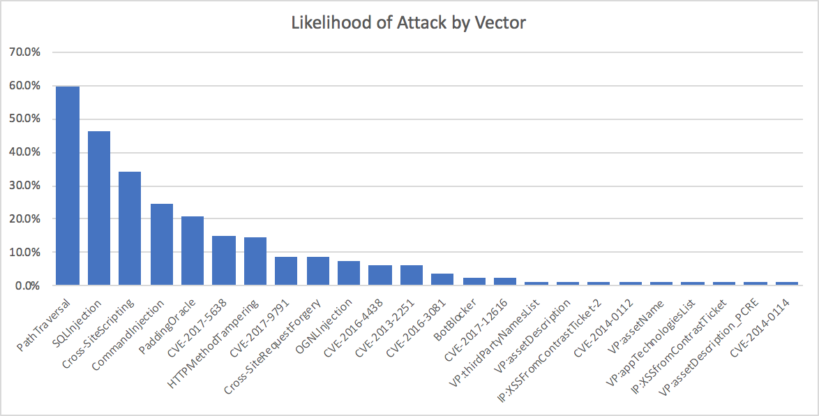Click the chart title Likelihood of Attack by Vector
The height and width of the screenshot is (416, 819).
(409, 22)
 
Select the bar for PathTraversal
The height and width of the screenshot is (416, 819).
(68, 186)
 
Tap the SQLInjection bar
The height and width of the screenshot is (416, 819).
(99, 208)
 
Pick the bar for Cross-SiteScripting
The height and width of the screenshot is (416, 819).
(130, 228)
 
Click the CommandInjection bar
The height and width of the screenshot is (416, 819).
(161, 244)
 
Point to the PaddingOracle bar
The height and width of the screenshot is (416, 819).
(193, 251)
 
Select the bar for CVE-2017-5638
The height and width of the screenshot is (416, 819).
(224, 260)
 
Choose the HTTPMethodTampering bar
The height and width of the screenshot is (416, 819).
(255, 261)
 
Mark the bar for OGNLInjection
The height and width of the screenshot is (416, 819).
(349, 273)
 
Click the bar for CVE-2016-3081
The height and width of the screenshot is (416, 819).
(442, 279)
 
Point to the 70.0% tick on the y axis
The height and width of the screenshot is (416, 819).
(26, 52)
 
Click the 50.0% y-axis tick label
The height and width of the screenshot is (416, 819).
(26, 119)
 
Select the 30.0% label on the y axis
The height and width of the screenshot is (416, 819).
(26, 186)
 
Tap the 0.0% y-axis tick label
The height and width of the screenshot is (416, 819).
(28, 285)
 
